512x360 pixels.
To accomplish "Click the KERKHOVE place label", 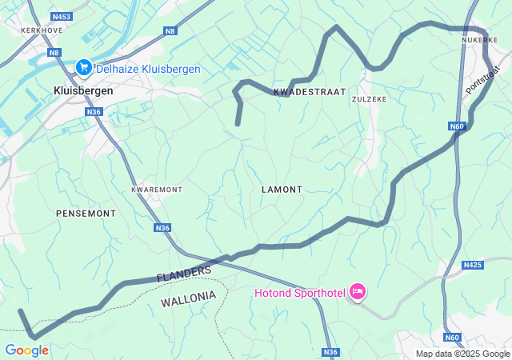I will [41, 30].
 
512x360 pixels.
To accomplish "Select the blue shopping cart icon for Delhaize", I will [82, 69].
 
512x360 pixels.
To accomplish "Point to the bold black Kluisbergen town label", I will [83, 90].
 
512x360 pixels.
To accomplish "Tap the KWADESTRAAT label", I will [310, 92].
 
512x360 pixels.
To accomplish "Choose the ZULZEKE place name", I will [370, 98].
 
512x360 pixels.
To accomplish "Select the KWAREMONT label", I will [157, 190].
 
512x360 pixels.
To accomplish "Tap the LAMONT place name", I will [282, 190].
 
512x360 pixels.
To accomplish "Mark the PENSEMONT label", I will [86, 214].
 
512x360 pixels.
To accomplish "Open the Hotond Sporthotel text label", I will [300, 293].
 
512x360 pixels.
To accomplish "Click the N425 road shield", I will [473, 265].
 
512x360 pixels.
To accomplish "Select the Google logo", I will [26, 350].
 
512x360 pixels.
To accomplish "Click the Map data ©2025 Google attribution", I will [462, 354].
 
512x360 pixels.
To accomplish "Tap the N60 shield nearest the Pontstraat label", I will [456, 126].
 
